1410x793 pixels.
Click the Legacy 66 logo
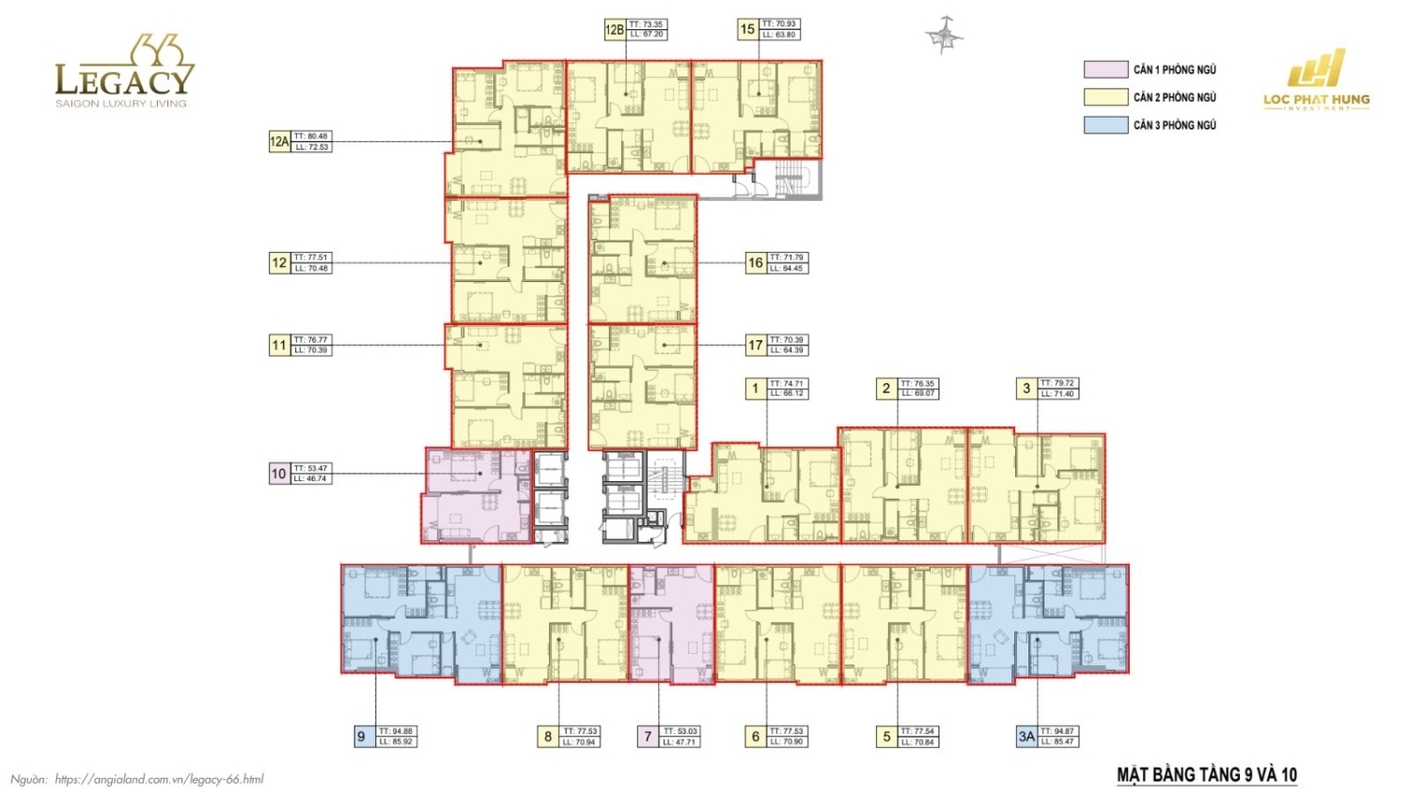point(124,73)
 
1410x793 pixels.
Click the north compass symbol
point(943,36)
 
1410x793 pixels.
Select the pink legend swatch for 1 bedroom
point(1105,70)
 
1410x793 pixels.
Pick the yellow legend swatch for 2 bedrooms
point(1105,97)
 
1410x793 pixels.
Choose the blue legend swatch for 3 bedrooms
point(1105,125)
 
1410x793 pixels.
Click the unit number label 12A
point(279,142)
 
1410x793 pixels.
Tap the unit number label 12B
point(614,30)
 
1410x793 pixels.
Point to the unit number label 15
point(747,29)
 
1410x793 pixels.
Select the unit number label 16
point(755,263)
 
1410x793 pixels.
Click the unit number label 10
point(279,474)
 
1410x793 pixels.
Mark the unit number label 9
point(361,737)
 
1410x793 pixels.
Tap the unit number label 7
point(647,737)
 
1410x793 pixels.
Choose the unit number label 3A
point(1026,737)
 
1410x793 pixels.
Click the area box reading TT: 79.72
point(1058,388)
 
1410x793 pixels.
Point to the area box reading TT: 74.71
point(787,388)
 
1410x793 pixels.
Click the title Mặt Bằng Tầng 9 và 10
point(1206,775)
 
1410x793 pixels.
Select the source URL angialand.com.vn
point(159,779)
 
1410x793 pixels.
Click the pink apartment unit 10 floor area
point(475,495)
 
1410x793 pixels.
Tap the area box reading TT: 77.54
point(917,737)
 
